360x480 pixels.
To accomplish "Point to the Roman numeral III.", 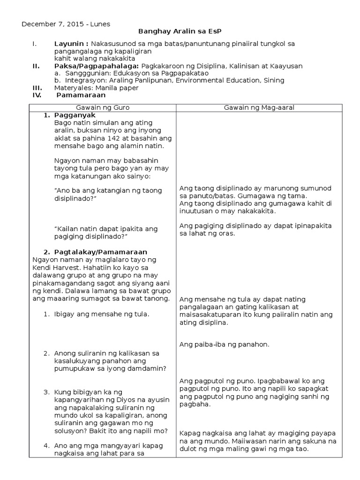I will [x=36, y=88].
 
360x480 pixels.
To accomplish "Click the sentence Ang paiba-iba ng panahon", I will [x=224, y=345].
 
